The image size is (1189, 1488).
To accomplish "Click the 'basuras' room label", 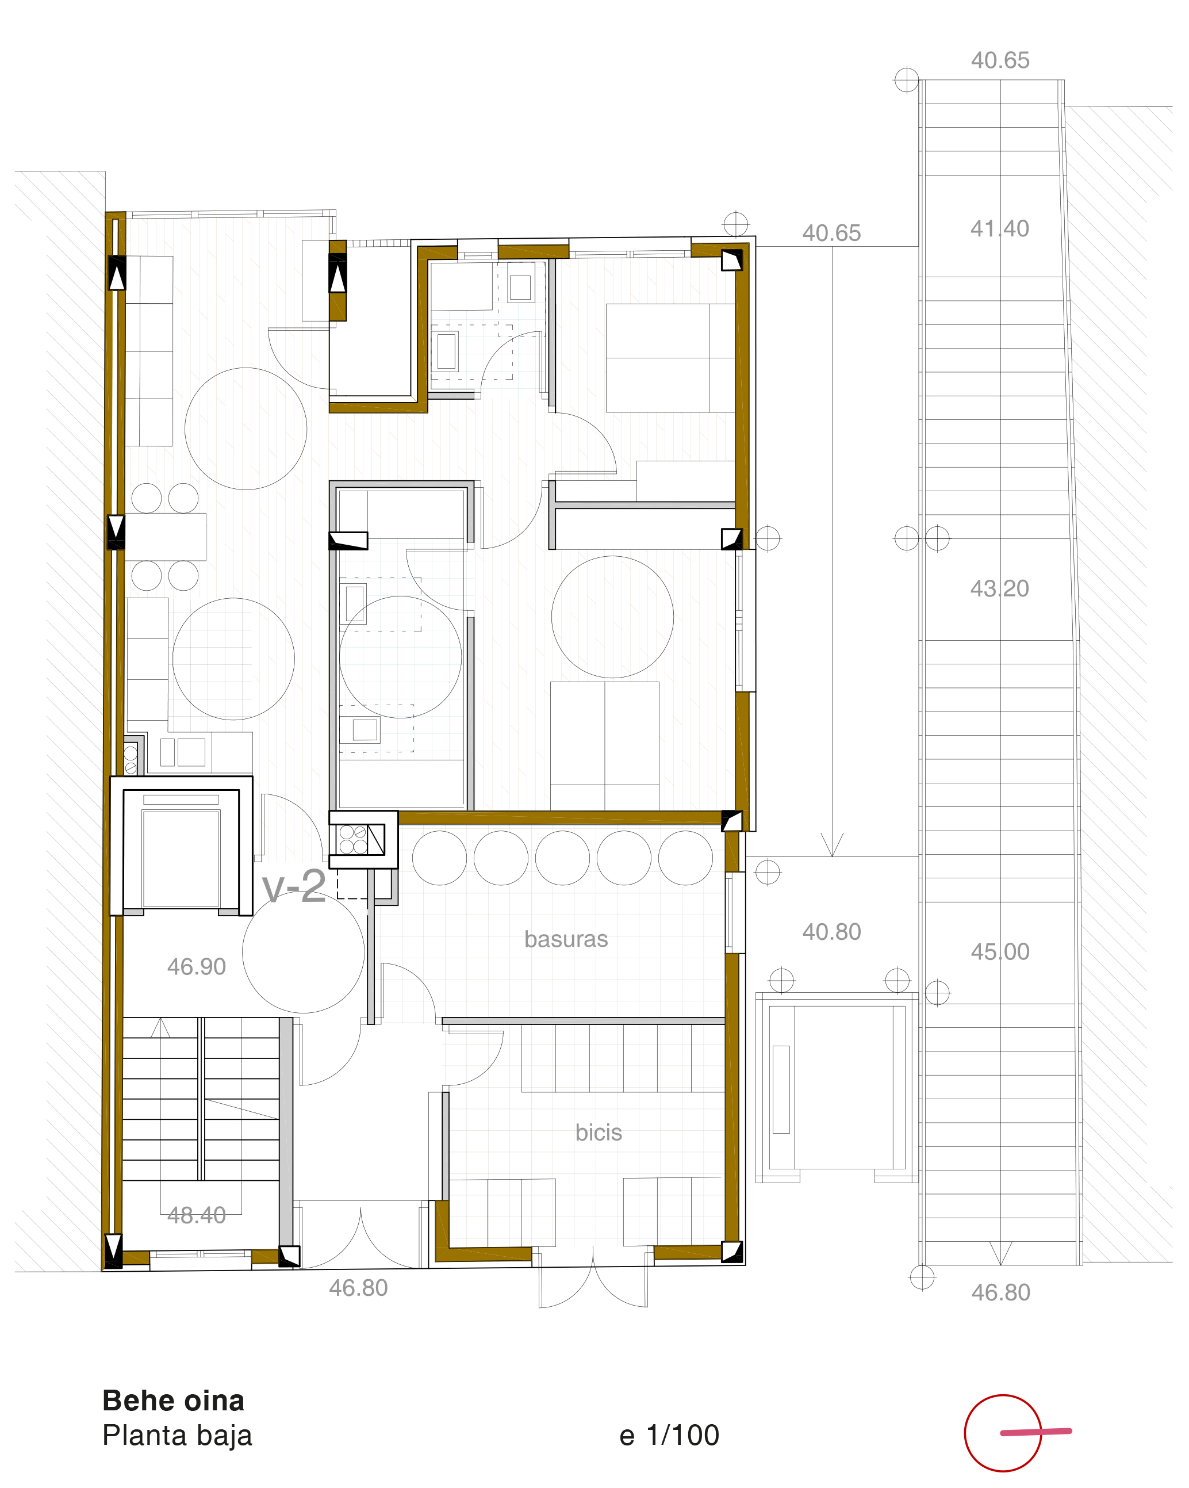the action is coord(566,939).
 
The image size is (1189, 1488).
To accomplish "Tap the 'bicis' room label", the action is coord(599,1133).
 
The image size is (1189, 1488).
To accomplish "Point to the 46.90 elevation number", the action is coord(197,966).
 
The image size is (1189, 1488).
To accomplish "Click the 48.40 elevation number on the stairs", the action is coord(197,1215).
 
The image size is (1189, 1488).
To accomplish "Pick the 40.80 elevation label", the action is coord(831,932).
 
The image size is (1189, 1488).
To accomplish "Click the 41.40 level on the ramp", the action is coord(1000,228).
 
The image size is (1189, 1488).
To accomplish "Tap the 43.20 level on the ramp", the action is coord(1000,588).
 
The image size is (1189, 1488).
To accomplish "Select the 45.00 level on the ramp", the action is coord(1000,952).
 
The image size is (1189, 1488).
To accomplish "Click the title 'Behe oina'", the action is coord(173,1401).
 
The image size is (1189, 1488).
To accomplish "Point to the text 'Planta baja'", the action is coord(177,1436).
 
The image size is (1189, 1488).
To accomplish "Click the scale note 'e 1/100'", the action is coord(669,1436).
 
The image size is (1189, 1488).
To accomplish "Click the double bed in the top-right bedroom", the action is coord(670,358).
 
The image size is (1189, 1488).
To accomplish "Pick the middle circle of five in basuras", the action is coord(562,858).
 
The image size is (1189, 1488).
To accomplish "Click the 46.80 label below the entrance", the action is coord(358,1288).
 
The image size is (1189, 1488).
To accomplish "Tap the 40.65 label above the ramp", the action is coord(1000,60).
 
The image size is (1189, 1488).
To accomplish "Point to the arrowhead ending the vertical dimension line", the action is coord(832,846).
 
